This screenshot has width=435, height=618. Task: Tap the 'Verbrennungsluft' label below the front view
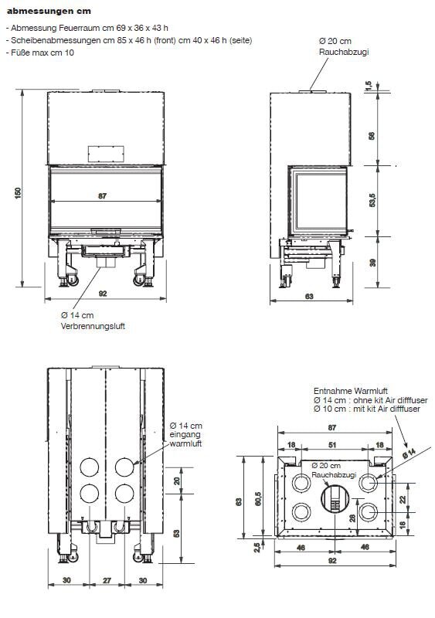click(x=92, y=326)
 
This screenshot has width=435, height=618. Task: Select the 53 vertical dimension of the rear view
click(x=178, y=533)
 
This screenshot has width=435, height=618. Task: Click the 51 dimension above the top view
click(x=333, y=444)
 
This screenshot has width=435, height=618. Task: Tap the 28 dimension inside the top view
click(x=353, y=518)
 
